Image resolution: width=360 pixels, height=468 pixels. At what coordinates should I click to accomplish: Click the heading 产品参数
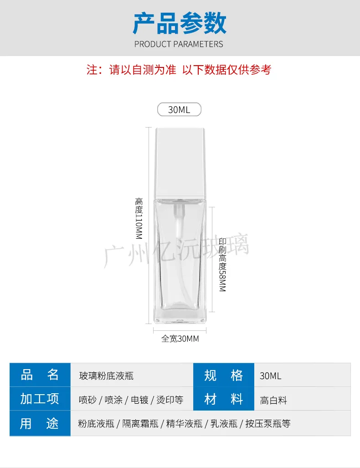click(180, 23)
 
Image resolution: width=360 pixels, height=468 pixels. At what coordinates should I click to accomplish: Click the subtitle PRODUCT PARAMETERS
click(179, 44)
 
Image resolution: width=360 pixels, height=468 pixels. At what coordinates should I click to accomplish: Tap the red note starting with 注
click(179, 70)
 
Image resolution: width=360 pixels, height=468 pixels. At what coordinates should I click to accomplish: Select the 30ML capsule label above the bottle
click(179, 110)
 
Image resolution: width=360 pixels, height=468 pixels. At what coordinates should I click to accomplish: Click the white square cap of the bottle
click(180, 163)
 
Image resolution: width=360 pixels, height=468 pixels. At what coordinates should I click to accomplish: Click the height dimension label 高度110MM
click(139, 218)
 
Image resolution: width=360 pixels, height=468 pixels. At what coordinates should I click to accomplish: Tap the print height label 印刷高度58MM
click(222, 264)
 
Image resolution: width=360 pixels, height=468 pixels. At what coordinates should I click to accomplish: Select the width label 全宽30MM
click(180, 339)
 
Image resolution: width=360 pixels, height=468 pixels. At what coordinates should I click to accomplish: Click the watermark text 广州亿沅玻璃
click(177, 250)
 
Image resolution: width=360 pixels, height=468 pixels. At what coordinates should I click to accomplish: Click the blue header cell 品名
click(40, 375)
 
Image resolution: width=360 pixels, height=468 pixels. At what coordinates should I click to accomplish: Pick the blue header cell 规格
click(223, 375)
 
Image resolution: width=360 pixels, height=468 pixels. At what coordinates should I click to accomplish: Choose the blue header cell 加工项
click(40, 399)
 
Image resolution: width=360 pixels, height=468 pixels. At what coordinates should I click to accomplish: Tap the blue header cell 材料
click(223, 400)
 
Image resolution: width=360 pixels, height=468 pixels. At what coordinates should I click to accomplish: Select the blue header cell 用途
click(40, 423)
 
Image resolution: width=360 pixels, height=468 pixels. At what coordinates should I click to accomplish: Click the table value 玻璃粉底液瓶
click(106, 376)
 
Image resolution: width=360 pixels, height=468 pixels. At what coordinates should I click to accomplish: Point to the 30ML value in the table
click(271, 376)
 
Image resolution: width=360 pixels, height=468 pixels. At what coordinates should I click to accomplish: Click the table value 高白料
click(273, 401)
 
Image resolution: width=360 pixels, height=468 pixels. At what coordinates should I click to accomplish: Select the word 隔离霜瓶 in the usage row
click(141, 424)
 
